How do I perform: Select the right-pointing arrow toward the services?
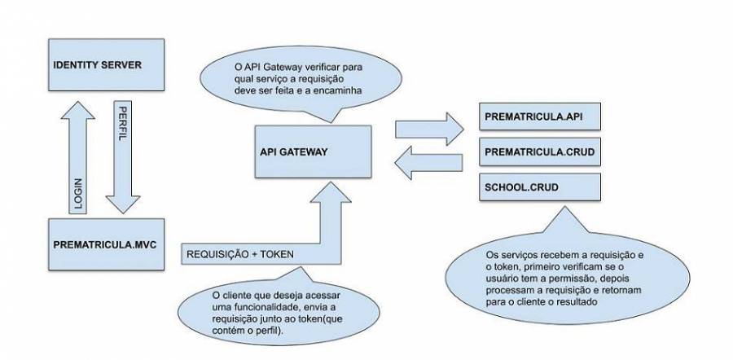423,129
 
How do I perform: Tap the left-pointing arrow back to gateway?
423,165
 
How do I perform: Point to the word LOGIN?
80,193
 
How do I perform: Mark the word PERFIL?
122,121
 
